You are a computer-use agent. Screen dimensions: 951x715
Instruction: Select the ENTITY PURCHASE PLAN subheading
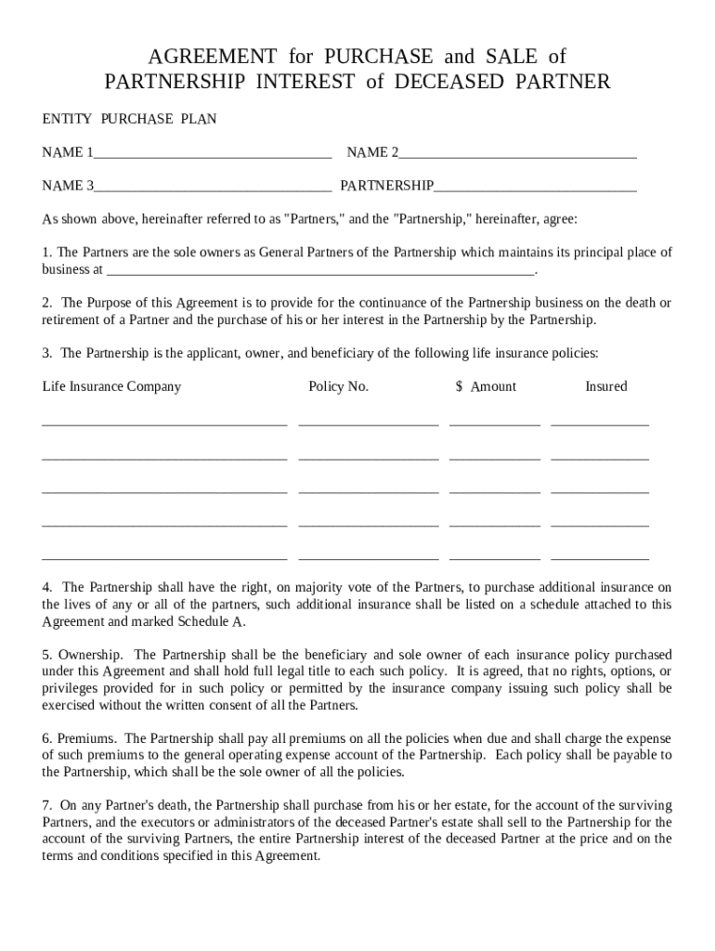click(x=129, y=119)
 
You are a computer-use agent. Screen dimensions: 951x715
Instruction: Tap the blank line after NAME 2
click(x=517, y=153)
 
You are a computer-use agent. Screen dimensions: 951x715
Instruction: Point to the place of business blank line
click(x=320, y=271)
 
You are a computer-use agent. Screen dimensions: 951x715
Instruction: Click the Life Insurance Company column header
click(x=111, y=386)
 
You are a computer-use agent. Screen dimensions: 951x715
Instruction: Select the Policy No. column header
click(x=338, y=386)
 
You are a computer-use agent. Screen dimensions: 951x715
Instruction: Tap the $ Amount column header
click(x=486, y=386)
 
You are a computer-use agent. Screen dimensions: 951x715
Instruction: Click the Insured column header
click(x=605, y=386)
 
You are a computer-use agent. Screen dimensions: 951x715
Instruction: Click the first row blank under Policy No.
click(x=368, y=423)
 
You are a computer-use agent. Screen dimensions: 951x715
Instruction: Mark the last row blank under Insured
click(x=599, y=557)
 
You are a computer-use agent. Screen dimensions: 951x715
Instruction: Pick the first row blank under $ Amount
click(x=494, y=423)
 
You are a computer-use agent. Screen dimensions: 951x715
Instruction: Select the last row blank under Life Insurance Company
click(x=164, y=557)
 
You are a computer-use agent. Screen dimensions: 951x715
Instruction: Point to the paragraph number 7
click(x=46, y=805)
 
